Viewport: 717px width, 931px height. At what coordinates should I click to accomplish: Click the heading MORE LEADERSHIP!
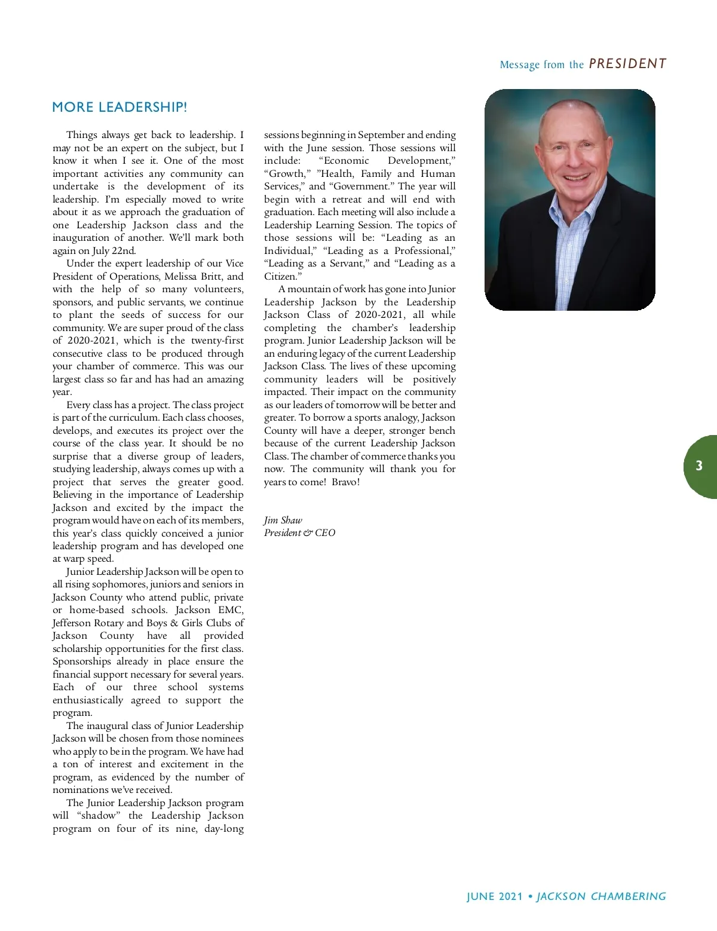pyautogui.click(x=119, y=108)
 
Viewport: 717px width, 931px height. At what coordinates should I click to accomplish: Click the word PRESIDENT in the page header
pyautogui.click(x=627, y=64)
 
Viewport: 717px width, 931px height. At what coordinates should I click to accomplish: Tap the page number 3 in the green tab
pyautogui.click(x=699, y=466)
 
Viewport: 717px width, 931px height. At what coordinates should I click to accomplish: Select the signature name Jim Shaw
pyautogui.click(x=283, y=520)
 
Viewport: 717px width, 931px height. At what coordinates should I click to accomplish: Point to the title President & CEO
pyautogui.click(x=299, y=533)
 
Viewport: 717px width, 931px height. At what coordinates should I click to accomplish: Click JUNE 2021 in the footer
pyautogui.click(x=495, y=896)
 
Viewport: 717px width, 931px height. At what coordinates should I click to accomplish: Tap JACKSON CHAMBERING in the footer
pyautogui.click(x=601, y=896)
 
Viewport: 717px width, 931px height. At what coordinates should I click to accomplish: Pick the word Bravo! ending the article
pyautogui.click(x=346, y=482)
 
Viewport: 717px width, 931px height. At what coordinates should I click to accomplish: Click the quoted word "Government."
pyautogui.click(x=361, y=186)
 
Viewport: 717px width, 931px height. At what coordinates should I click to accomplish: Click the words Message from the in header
pyautogui.click(x=541, y=65)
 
